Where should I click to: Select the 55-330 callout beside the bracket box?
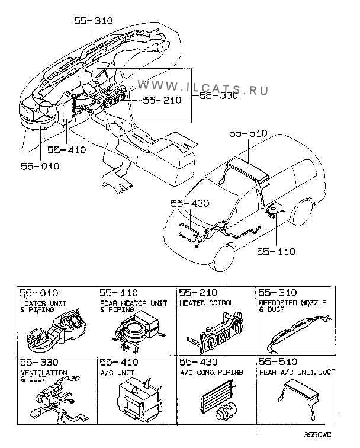218,95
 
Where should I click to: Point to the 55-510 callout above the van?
250,134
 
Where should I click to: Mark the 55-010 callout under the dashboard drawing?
41,167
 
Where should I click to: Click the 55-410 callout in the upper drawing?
67,150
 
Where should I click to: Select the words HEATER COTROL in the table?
206,303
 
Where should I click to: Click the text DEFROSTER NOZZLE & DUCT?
292,306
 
